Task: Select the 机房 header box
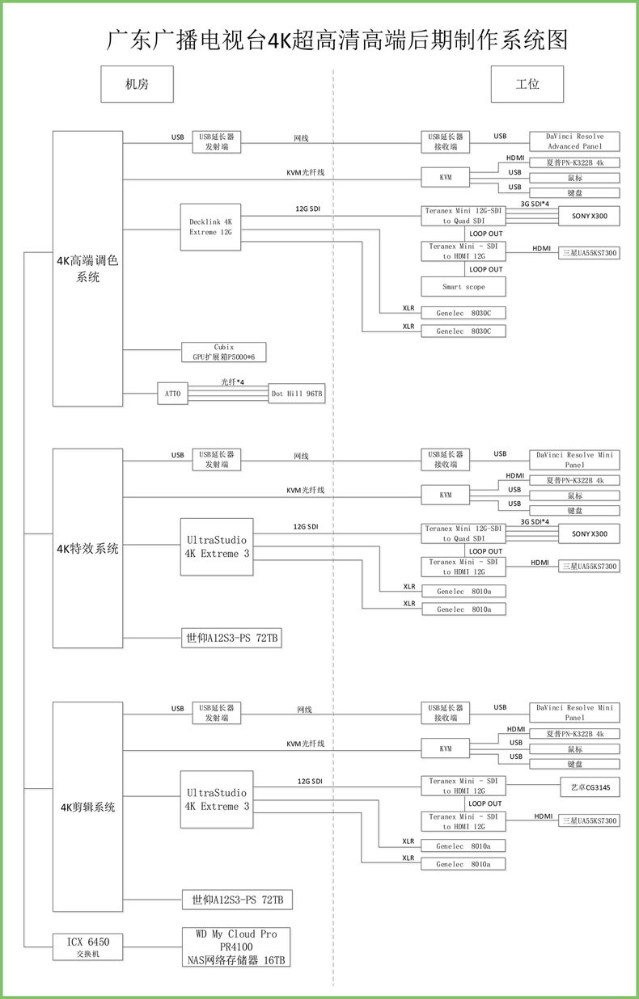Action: [x=137, y=84]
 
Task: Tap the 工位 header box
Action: [x=527, y=84]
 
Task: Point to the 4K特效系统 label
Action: [x=87, y=549]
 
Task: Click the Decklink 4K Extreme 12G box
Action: [x=210, y=226]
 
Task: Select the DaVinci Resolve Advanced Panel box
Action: [x=574, y=141]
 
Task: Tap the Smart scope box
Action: [x=463, y=287]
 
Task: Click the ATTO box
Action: [x=172, y=394]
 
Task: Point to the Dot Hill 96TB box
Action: [x=298, y=394]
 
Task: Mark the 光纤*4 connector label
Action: [x=233, y=381]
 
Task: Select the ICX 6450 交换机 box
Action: [x=87, y=946]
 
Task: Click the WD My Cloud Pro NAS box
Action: [x=236, y=946]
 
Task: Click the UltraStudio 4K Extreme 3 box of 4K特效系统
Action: [x=217, y=546]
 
